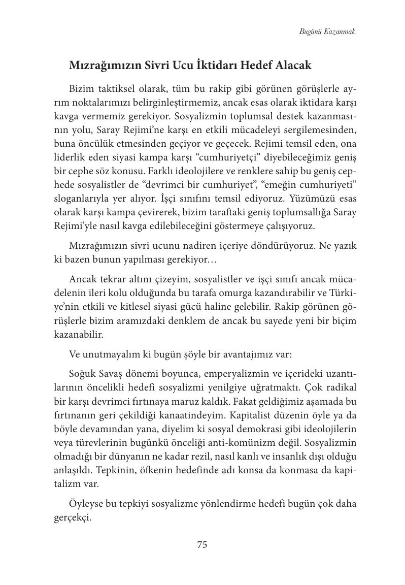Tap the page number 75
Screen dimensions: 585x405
(202, 545)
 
